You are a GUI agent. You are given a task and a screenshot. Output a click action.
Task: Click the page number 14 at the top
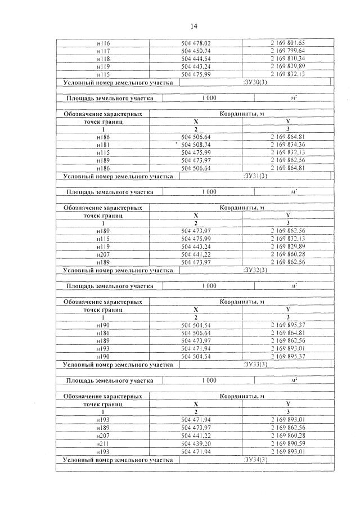coord(193,26)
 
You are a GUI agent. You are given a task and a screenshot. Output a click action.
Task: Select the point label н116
coord(103,43)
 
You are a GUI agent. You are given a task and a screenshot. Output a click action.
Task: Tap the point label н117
coord(103,51)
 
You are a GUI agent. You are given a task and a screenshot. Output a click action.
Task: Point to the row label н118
coord(103,59)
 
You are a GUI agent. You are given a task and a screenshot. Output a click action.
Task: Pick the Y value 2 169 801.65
coord(287,43)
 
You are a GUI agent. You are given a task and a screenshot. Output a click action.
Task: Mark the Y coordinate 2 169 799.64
coord(287,51)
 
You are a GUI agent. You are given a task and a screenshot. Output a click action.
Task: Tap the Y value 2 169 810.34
coord(287,59)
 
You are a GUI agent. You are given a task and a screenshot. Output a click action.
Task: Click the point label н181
coord(103,145)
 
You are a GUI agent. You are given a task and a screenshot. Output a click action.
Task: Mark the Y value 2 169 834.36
coord(287,145)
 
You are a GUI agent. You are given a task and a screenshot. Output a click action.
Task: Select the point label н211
coord(103,443)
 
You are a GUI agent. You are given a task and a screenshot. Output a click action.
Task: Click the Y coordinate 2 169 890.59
coord(287,443)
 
